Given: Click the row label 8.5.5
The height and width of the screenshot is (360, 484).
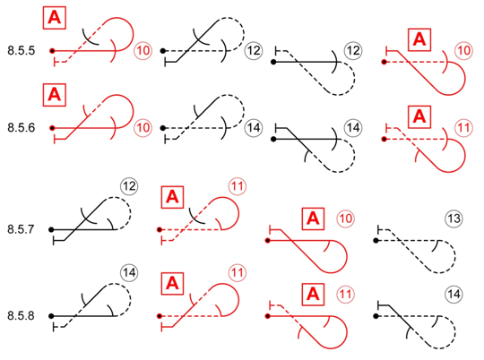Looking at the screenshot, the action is pos(22,50).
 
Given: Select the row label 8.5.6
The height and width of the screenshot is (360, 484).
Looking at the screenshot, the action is pos(22,128).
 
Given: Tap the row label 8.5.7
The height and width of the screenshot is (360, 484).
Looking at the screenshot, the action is pos(21,229).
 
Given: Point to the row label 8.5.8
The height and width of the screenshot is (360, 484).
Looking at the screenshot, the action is pos(21,316).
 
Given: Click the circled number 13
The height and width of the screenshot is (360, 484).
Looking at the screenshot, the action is pos(454,219).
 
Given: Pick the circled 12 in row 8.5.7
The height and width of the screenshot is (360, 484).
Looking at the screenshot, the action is pos(129,186).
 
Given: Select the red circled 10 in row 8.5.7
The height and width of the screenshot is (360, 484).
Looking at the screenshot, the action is pos(345,219).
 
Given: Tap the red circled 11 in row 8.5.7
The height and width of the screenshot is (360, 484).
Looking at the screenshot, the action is pos(238,186).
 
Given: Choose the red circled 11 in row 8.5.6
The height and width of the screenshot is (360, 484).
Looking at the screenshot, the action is pos(463,128).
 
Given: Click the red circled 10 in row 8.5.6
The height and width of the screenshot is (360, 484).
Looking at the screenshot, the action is pos(143,128).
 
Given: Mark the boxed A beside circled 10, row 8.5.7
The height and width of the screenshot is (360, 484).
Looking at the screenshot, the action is pos(313,219).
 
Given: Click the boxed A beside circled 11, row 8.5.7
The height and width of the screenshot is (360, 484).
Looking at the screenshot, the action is pos(173,197).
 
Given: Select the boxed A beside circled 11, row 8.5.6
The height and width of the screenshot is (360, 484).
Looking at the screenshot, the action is pos(419,117).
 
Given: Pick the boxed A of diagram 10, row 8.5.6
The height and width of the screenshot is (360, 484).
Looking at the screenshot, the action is pos(55,95).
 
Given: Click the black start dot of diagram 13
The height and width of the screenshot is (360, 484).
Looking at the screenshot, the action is pos(376,240).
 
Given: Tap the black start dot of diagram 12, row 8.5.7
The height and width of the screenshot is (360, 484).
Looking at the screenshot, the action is pos(51,229).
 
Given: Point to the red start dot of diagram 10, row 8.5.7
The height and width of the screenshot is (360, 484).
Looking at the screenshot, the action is pos(268,240).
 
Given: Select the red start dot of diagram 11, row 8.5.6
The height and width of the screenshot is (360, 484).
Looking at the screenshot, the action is pos(384,139).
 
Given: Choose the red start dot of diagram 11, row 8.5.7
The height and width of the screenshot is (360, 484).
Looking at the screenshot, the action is pos(160,229).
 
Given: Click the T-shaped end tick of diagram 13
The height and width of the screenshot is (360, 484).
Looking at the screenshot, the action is pos(378,229).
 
